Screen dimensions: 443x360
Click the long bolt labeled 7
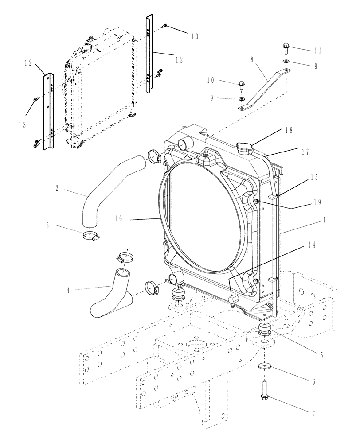(265, 390)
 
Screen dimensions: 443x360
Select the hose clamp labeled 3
(91, 235)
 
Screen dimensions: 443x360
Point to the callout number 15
(314, 178)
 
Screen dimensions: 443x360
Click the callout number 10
(210, 80)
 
